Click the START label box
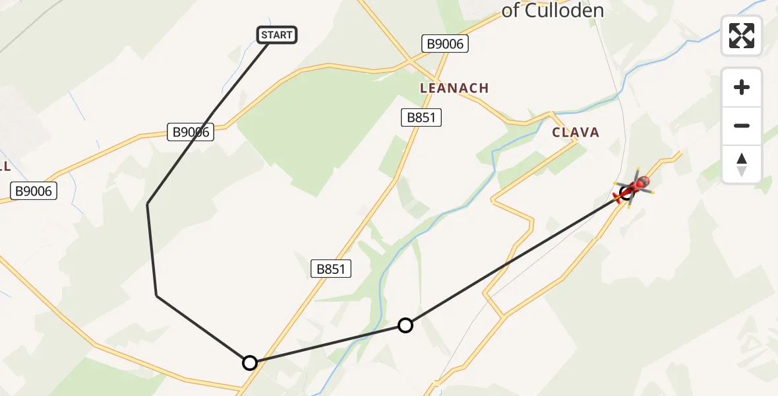tap(277, 35)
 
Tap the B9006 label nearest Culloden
tap(444, 44)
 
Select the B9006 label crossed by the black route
tap(191, 132)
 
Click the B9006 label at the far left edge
tap(34, 192)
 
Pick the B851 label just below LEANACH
tap(421, 118)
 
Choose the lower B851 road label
tap(330, 269)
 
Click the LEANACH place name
tap(454, 88)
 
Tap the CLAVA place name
tap(576, 133)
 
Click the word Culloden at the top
tap(562, 11)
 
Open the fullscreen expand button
tap(742, 36)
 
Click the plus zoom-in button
tap(742, 87)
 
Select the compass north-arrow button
tap(742, 164)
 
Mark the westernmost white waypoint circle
tap(250, 362)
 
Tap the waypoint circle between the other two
tap(405, 325)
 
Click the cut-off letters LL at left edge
tap(5, 166)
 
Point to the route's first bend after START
tap(147, 204)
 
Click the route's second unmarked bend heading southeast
tap(157, 295)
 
